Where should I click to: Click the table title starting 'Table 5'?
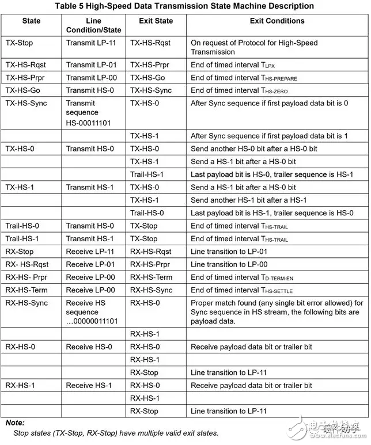click(x=185, y=6)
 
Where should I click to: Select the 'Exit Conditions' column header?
click(x=277, y=21)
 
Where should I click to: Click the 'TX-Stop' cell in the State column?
click(x=20, y=43)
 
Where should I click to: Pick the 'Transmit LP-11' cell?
click(x=89, y=43)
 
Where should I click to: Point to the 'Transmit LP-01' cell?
click(x=89, y=64)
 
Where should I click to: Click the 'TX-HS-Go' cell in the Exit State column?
click(x=147, y=78)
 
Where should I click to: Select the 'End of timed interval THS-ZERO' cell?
click(x=239, y=91)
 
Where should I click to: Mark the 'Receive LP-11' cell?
click(x=89, y=252)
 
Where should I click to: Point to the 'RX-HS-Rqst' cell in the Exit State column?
click(x=150, y=252)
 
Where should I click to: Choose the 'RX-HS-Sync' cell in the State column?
click(x=26, y=303)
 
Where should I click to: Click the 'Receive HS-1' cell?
click(x=89, y=385)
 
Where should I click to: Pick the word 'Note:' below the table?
click(x=16, y=423)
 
